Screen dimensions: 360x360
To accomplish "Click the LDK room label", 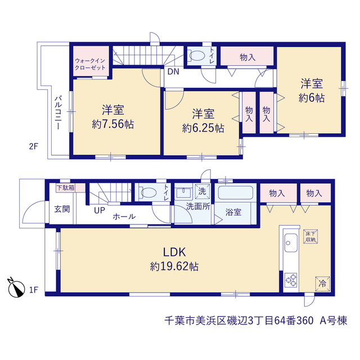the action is pyautogui.click(x=174, y=252).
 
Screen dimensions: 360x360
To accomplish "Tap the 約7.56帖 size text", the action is pyautogui.click(x=112, y=124).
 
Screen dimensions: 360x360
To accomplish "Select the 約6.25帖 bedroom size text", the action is pyautogui.click(x=203, y=128).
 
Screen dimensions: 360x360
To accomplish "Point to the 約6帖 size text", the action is pyautogui.click(x=312, y=98).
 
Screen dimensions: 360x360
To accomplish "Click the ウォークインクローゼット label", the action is pyautogui.click(x=90, y=64).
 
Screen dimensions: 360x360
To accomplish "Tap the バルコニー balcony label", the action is pyautogui.click(x=58, y=112).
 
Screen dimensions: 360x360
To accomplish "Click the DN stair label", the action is pyautogui.click(x=173, y=71).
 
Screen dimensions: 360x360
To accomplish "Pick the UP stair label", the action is pyautogui.click(x=100, y=210).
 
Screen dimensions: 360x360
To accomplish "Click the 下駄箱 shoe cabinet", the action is pyautogui.click(x=71, y=188).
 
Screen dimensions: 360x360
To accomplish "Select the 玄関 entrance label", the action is pyautogui.click(x=62, y=209).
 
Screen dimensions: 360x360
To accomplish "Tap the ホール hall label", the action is pyautogui.click(x=124, y=217).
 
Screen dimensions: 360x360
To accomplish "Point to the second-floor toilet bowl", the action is pyautogui.click(x=196, y=56).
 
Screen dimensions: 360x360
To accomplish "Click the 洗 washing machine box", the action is pyautogui.click(x=202, y=191).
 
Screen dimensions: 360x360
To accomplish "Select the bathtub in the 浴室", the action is pyautogui.click(x=235, y=192).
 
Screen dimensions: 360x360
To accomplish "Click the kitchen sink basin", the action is pyautogui.click(x=291, y=242).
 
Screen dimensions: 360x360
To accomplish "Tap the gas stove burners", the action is pyautogui.click(x=291, y=280).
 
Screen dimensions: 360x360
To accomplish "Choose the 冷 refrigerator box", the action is pyautogui.click(x=322, y=283).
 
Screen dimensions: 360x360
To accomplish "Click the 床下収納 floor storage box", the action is pyautogui.click(x=310, y=236).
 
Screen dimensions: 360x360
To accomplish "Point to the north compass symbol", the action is pyautogui.click(x=16, y=288).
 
